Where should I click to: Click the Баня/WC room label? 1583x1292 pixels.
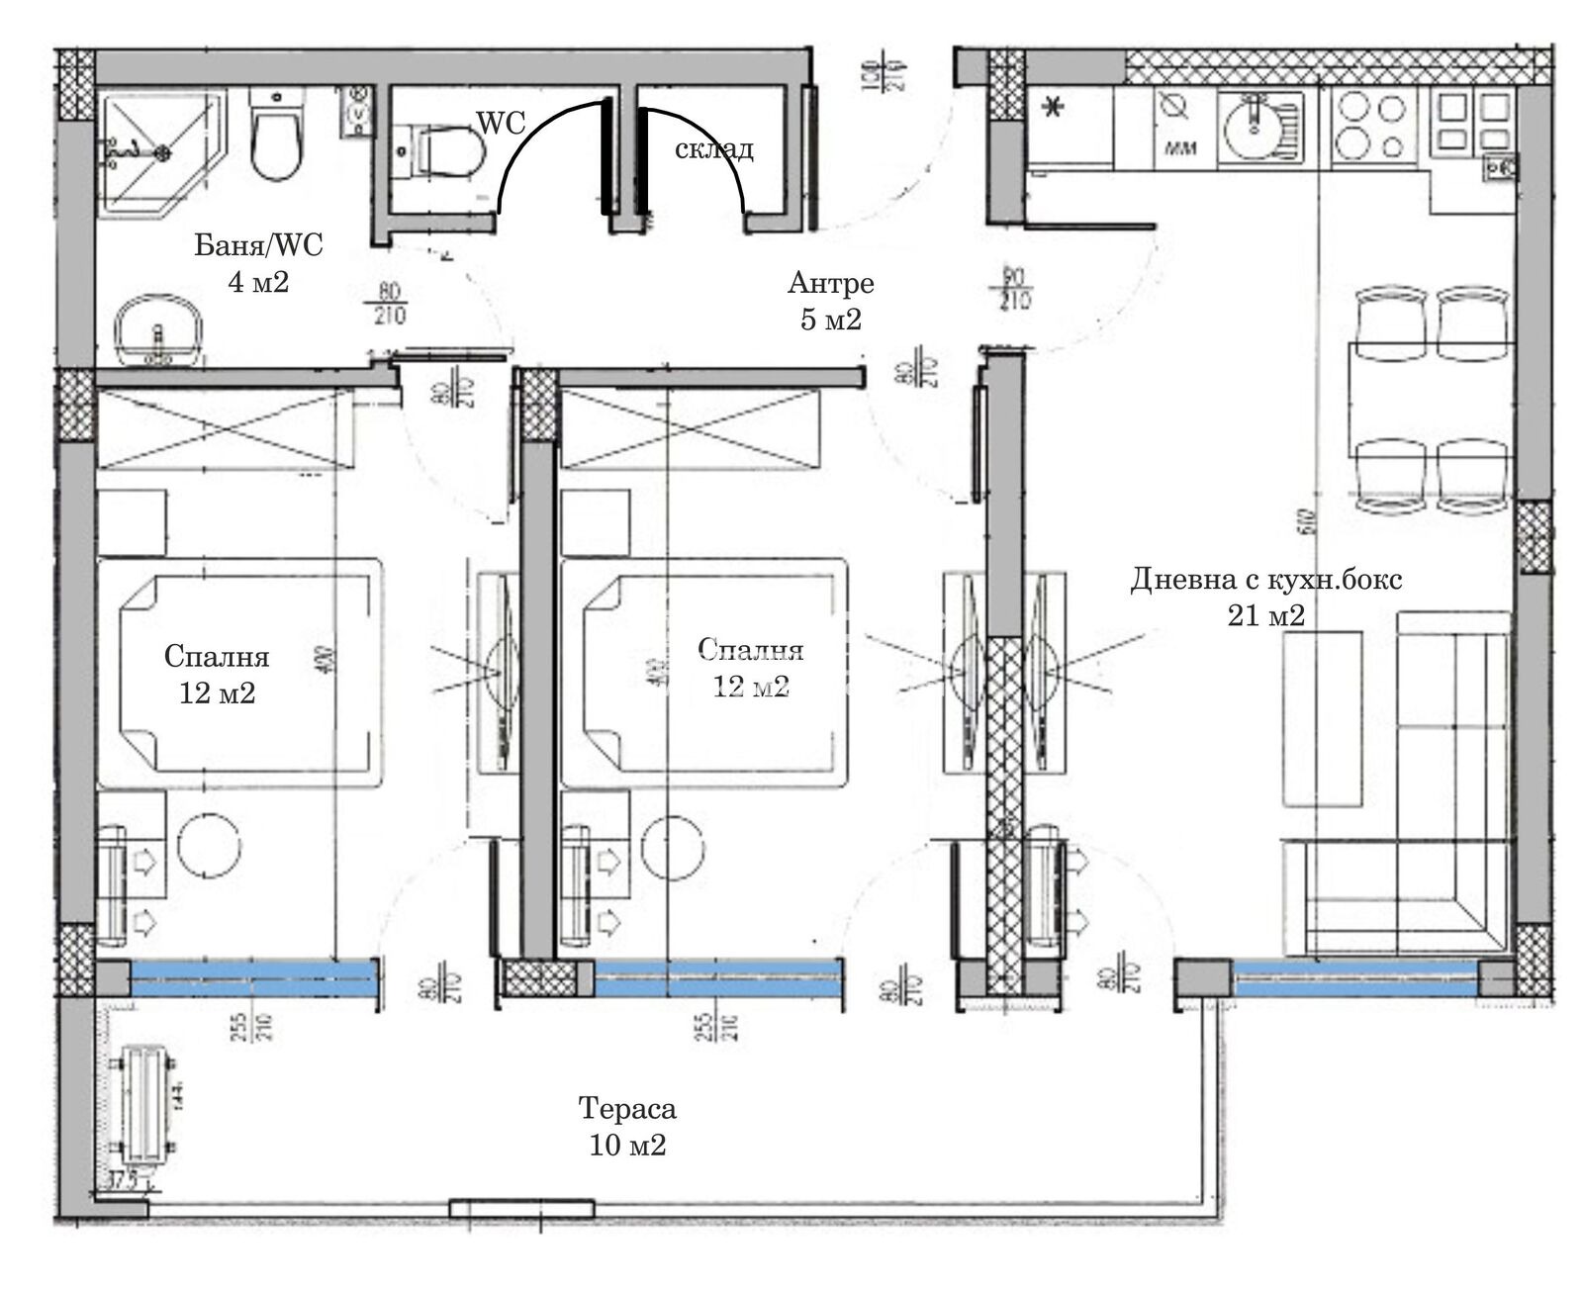(x=258, y=244)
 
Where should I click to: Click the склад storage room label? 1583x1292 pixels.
(x=713, y=149)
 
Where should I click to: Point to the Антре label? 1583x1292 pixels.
(x=830, y=283)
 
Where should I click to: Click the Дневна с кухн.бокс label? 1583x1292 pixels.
(x=1265, y=579)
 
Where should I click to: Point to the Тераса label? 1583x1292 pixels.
(x=627, y=1108)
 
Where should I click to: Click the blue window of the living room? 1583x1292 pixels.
(x=1356, y=978)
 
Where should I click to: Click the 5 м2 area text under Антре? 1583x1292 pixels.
(x=830, y=320)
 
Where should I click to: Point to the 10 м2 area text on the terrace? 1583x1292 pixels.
(x=627, y=1146)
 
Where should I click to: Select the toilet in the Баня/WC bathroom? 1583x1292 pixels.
(x=274, y=139)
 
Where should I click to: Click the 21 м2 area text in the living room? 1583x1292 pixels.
(x=1265, y=615)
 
